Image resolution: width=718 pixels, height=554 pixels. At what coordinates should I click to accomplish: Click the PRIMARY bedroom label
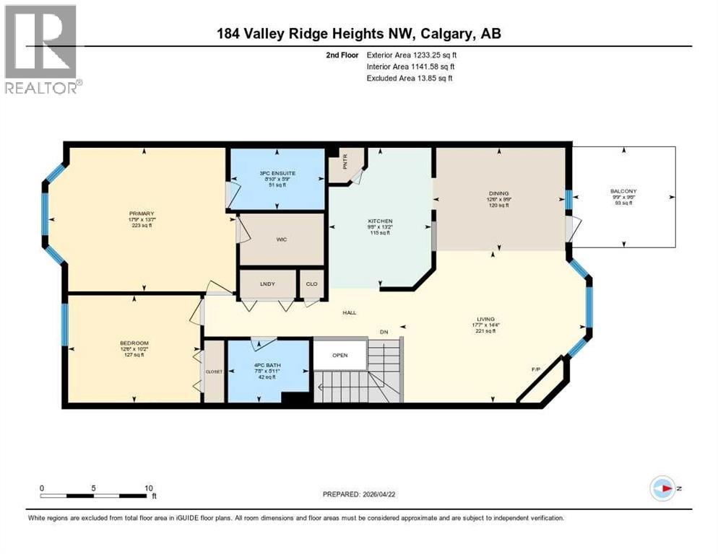(x=141, y=214)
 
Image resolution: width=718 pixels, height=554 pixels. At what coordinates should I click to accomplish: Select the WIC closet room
(x=282, y=239)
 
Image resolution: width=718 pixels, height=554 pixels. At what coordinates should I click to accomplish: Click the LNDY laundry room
(x=267, y=284)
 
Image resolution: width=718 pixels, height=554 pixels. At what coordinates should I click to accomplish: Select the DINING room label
(x=498, y=193)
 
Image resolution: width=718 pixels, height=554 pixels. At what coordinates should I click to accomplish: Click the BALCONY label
(x=623, y=192)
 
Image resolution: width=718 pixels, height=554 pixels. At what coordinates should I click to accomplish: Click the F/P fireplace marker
(x=536, y=369)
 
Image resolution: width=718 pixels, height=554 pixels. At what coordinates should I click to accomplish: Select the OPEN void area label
(x=340, y=355)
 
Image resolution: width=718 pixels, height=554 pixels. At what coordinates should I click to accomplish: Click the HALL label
(x=350, y=312)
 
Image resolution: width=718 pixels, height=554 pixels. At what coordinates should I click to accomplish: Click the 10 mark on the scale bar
(x=148, y=488)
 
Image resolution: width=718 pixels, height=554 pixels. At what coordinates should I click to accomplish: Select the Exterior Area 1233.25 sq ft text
(x=412, y=55)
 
